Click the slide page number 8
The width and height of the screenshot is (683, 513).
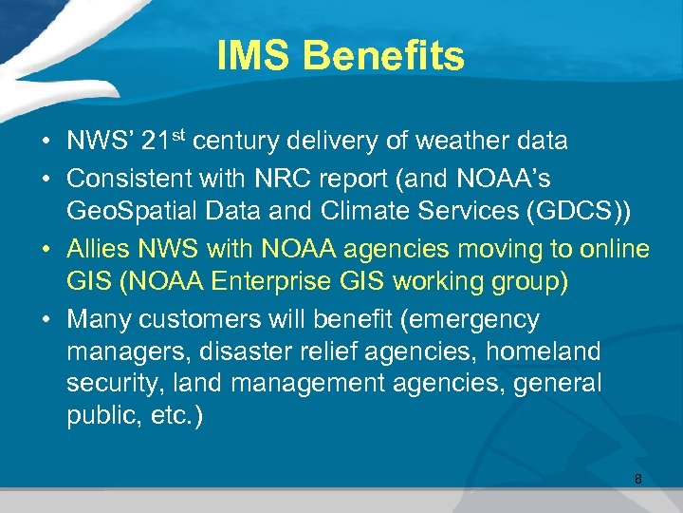pyautogui.click(x=638, y=479)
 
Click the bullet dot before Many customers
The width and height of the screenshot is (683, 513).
pyautogui.click(x=46, y=320)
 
